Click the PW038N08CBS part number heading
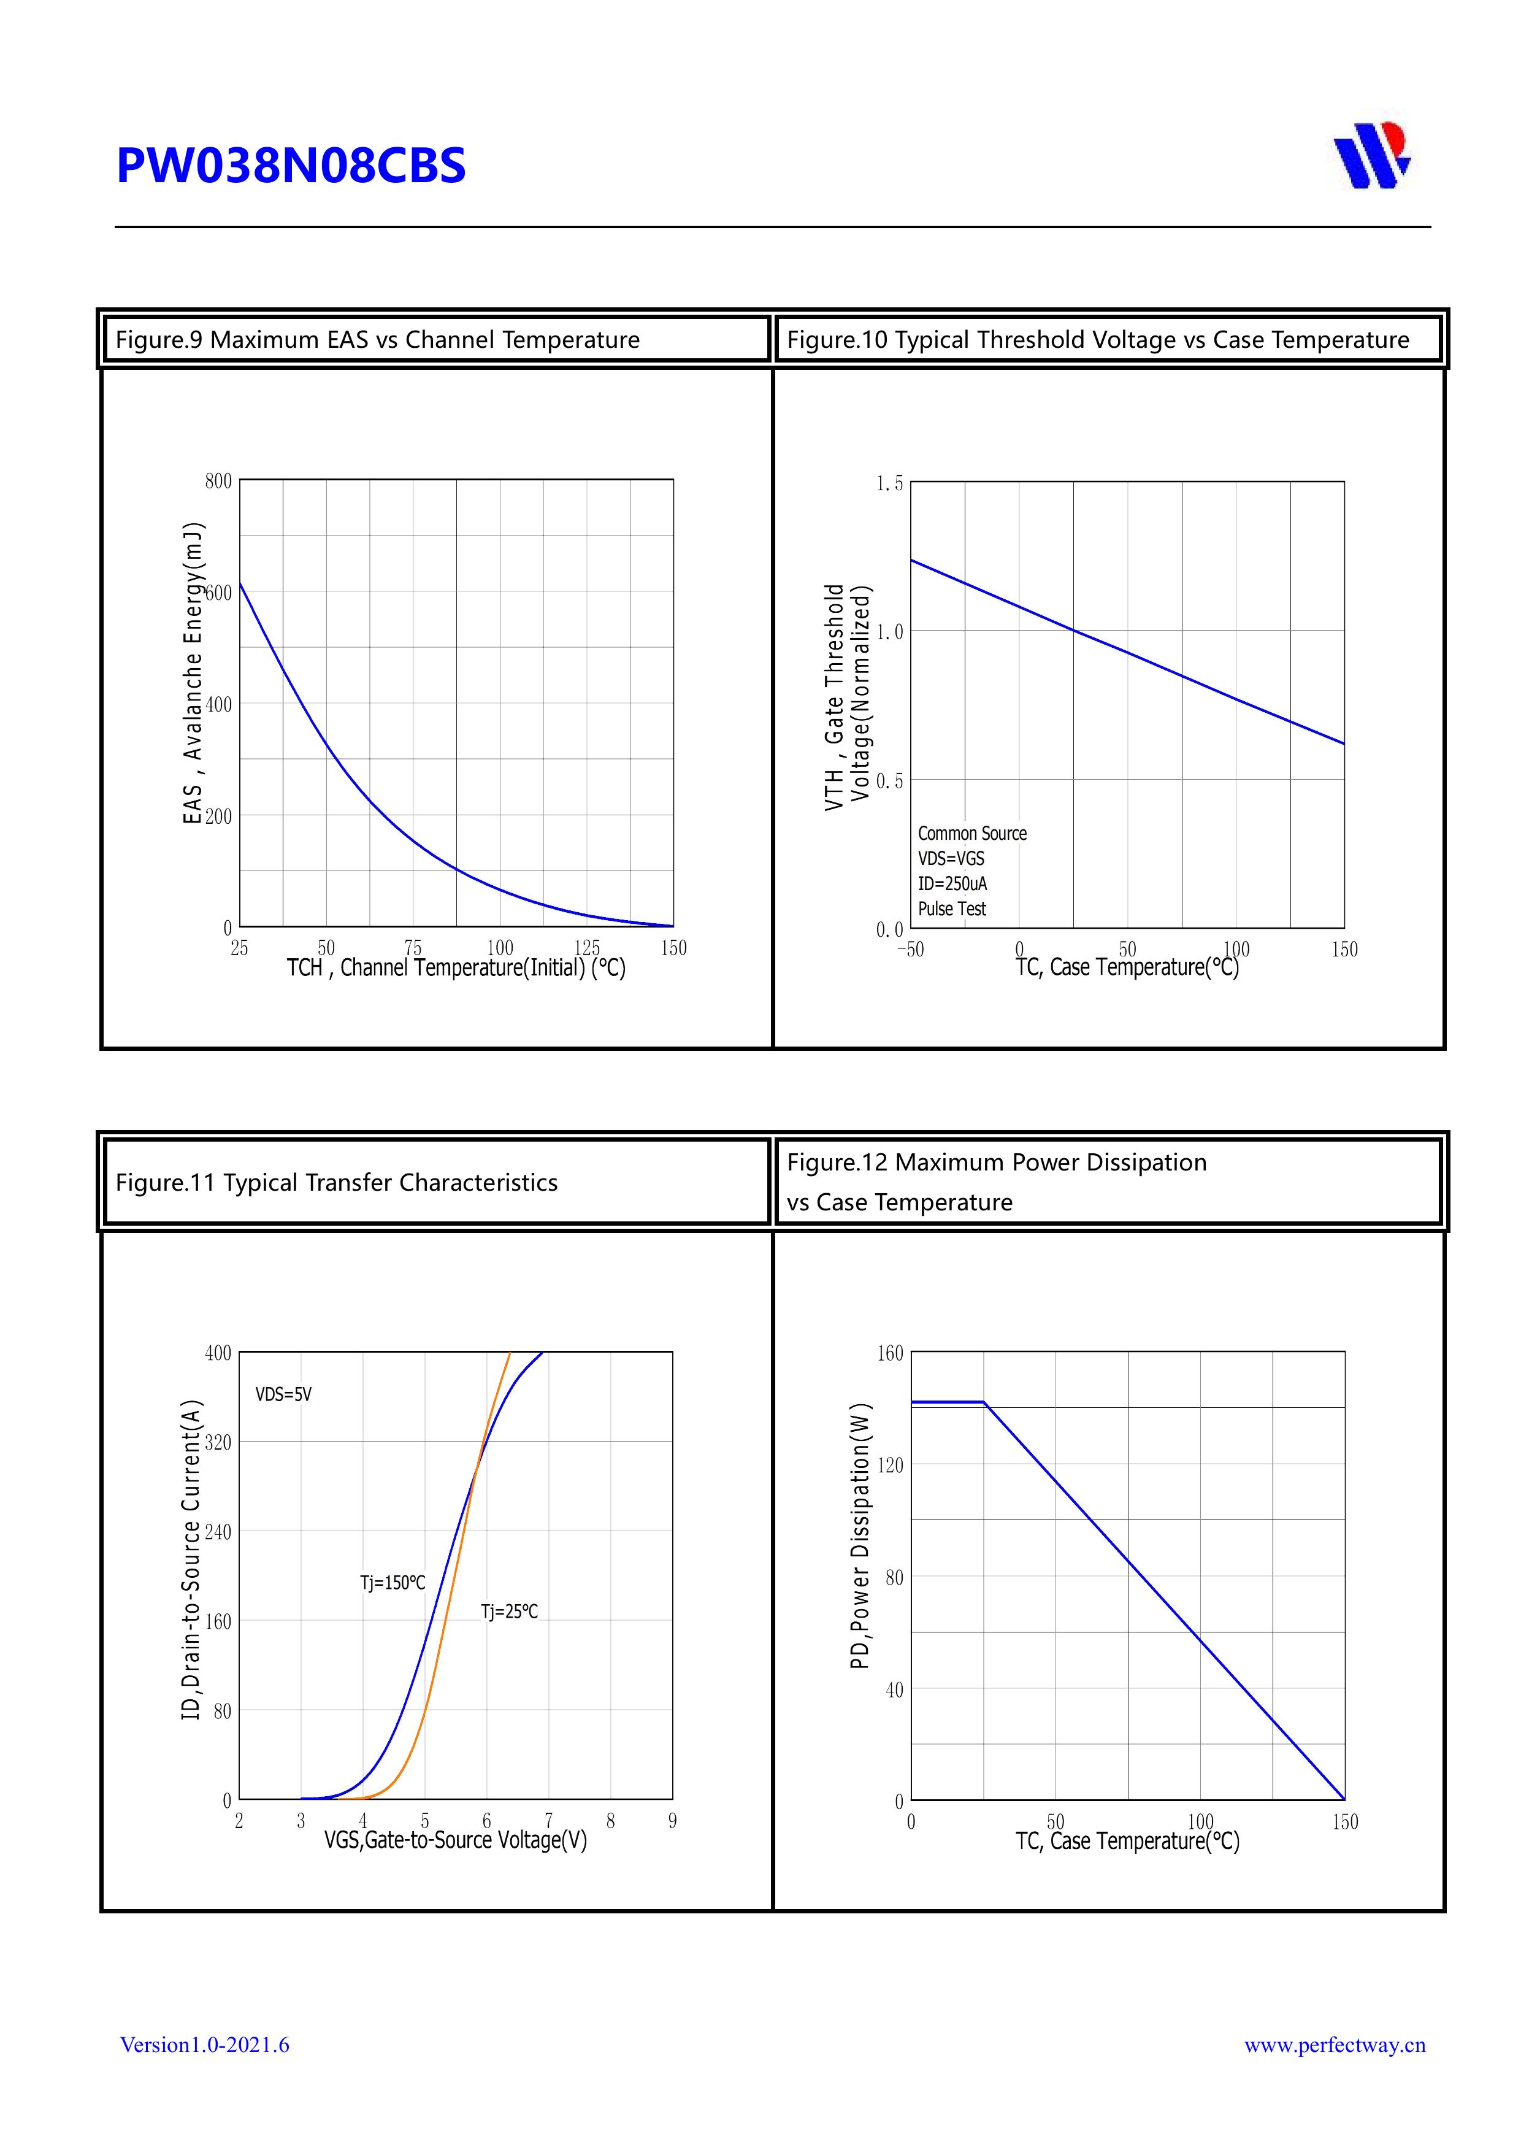[x=291, y=166]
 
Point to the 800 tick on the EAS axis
[x=218, y=481]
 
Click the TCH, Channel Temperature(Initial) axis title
[x=456, y=968]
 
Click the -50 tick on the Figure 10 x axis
[x=910, y=950]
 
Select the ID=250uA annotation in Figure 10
[x=952, y=884]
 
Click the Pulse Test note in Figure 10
[x=952, y=909]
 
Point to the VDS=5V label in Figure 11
[x=283, y=1394]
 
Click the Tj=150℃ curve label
[x=393, y=1583]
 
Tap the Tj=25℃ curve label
[x=509, y=1612]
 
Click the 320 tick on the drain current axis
[x=218, y=1442]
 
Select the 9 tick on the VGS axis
[x=673, y=1821]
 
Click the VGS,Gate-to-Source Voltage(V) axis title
[x=456, y=1841]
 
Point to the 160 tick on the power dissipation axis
[x=891, y=1353]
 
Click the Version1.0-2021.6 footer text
[x=204, y=2045]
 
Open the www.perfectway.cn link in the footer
[x=1335, y=2045]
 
